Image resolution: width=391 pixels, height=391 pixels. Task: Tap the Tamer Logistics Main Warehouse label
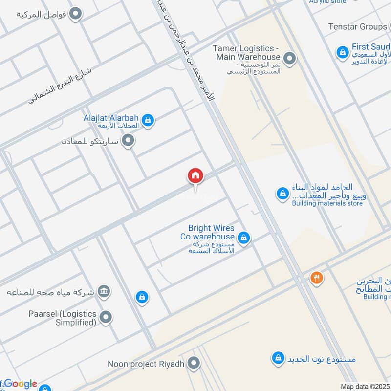[x=247, y=53]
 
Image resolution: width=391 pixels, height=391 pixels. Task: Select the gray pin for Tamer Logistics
[x=290, y=59]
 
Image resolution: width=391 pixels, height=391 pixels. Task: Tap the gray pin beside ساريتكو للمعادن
[x=129, y=141]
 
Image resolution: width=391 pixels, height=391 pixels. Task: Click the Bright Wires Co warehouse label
[x=211, y=232]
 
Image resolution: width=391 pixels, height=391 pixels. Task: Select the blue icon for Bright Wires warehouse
[x=244, y=238]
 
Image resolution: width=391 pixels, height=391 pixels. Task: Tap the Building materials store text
[x=327, y=203]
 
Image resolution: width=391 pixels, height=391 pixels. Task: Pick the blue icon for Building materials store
[x=282, y=194]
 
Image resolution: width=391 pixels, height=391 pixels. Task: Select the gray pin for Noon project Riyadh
[x=194, y=363]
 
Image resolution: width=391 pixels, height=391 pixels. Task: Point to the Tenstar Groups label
[x=358, y=27]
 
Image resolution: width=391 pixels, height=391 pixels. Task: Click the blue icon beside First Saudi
[x=342, y=51]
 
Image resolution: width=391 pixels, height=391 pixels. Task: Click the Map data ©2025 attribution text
[x=364, y=386]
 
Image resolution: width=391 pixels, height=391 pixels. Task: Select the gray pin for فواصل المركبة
[x=75, y=14]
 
